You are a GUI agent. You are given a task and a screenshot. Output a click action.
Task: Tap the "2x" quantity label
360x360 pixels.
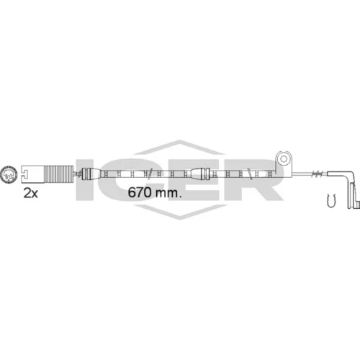point(30,194)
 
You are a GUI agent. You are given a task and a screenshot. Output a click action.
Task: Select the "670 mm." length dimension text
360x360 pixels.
point(155,192)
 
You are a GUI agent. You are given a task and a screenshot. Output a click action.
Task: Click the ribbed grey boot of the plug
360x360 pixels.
point(58,174)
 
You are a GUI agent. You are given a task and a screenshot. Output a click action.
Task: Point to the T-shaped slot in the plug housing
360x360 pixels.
point(24,174)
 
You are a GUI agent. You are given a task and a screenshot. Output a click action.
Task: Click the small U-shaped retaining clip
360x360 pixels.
point(331,201)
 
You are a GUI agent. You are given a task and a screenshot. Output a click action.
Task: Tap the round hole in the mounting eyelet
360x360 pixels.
point(284,158)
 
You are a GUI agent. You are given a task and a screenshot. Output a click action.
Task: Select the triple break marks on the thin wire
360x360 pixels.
point(318,174)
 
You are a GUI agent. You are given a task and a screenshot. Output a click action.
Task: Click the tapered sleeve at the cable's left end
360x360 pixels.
point(91,174)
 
